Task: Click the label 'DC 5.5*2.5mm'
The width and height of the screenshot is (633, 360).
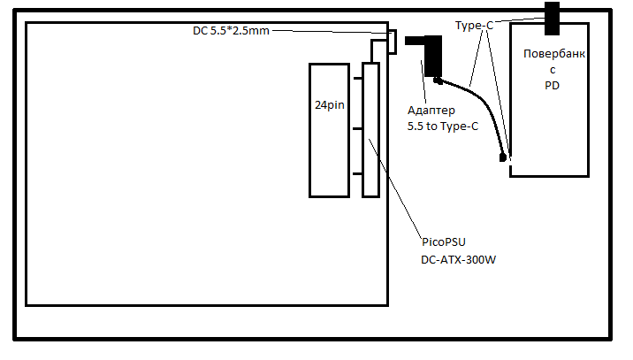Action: (x=231, y=31)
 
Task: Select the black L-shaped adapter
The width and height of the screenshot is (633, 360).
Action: (x=432, y=55)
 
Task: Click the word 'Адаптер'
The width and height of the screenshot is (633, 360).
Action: (x=431, y=111)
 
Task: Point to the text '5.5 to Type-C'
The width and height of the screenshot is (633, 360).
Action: (x=442, y=126)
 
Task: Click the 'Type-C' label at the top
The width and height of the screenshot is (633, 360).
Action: (x=474, y=27)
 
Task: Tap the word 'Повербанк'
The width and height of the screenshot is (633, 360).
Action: (x=553, y=54)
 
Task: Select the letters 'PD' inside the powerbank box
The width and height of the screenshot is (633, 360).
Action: (x=553, y=86)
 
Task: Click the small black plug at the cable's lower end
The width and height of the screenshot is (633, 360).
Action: (x=504, y=158)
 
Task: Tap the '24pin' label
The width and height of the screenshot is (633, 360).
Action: (x=330, y=104)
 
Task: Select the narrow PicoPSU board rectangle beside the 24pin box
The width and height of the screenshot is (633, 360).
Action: (x=370, y=130)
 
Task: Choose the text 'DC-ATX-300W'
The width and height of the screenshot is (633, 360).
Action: (x=458, y=260)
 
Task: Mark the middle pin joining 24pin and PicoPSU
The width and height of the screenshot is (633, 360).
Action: (x=357, y=129)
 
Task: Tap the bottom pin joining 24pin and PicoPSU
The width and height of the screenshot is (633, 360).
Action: (x=357, y=173)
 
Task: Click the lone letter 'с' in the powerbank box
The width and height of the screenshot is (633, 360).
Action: (x=553, y=70)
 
